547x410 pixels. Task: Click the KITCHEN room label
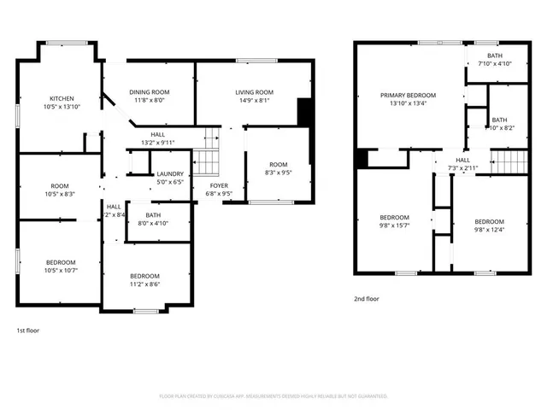pos(62,98)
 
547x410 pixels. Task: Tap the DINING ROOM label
pos(150,92)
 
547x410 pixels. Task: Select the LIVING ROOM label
pos(254,92)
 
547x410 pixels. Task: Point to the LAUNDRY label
pos(170,174)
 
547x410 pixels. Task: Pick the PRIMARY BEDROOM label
pos(409,95)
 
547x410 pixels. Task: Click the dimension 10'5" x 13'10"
pos(62,107)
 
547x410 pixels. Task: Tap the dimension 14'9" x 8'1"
pos(254,101)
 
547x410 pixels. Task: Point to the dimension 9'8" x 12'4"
pos(490,229)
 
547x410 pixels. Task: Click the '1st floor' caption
pos(27,330)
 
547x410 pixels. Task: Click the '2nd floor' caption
pos(366,299)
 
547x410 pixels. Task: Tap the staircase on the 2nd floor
pos(507,160)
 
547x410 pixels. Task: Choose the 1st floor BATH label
pos(153,215)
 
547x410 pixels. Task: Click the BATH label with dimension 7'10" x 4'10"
pos(495,56)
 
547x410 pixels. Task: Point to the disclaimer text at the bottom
pos(273,396)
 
